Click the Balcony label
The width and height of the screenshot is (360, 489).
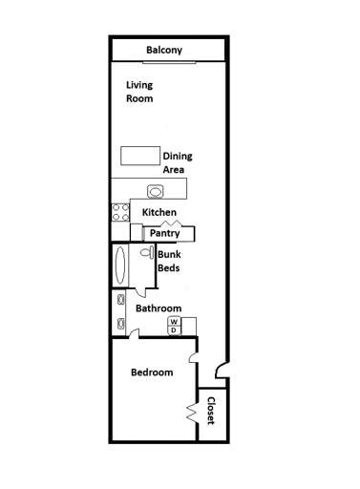point(164,51)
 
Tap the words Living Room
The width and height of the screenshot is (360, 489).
point(139,92)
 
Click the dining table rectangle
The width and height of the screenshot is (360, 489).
point(139,156)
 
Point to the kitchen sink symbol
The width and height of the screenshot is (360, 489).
point(157,188)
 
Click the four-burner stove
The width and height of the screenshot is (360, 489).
point(120,212)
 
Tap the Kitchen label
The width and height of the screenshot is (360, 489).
point(159,212)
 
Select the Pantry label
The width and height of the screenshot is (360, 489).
point(164,233)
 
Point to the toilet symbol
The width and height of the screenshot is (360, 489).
point(145,254)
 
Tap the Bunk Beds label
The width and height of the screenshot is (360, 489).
point(168,262)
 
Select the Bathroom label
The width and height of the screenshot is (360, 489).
point(158,308)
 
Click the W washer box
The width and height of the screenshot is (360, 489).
point(175,322)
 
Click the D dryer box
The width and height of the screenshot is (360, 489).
point(175,330)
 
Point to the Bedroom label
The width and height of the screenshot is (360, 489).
point(151,372)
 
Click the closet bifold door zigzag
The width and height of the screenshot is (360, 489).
point(192,412)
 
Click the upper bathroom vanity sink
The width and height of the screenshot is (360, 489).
point(120,300)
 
